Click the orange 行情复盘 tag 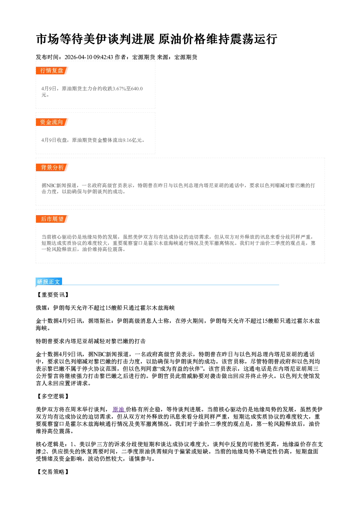(52, 70)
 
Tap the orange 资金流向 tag (52, 122)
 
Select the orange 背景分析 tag (52, 168)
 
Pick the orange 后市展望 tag (52, 219)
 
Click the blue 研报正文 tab (49, 282)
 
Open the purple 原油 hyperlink (118, 410)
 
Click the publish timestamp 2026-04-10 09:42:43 (89, 57)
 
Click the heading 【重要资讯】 (53, 295)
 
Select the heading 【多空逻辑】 (53, 397)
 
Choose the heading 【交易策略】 (53, 472)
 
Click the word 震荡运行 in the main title (254, 39)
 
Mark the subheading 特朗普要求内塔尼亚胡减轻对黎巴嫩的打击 (91, 341)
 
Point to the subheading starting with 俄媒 (105, 308)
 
